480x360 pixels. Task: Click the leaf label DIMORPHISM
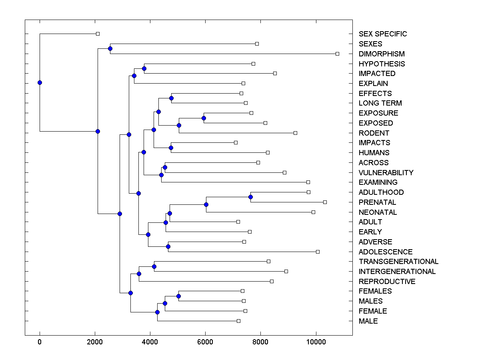[x=382, y=54]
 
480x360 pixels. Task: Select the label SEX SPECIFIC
[x=383, y=34]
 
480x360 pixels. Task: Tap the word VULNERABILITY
[x=386, y=172]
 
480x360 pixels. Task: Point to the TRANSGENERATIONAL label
[x=398, y=262]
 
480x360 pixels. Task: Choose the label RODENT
[x=374, y=133]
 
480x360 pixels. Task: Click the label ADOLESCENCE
[x=386, y=252]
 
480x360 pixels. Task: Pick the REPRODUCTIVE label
[x=387, y=282]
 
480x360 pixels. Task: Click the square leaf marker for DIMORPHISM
[x=337, y=54]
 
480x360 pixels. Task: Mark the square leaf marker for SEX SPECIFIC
[x=98, y=34]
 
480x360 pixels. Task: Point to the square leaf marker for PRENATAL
[x=325, y=202]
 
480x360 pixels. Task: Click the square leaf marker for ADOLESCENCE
[x=318, y=252]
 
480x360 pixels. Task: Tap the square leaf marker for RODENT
[x=295, y=133]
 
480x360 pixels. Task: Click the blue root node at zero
[x=40, y=82]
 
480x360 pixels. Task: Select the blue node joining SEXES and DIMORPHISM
[x=110, y=48]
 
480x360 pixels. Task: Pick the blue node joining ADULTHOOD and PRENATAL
[x=250, y=197]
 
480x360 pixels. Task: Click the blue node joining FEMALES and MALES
[x=178, y=296]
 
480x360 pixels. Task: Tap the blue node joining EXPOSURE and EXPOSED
[x=204, y=118]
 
